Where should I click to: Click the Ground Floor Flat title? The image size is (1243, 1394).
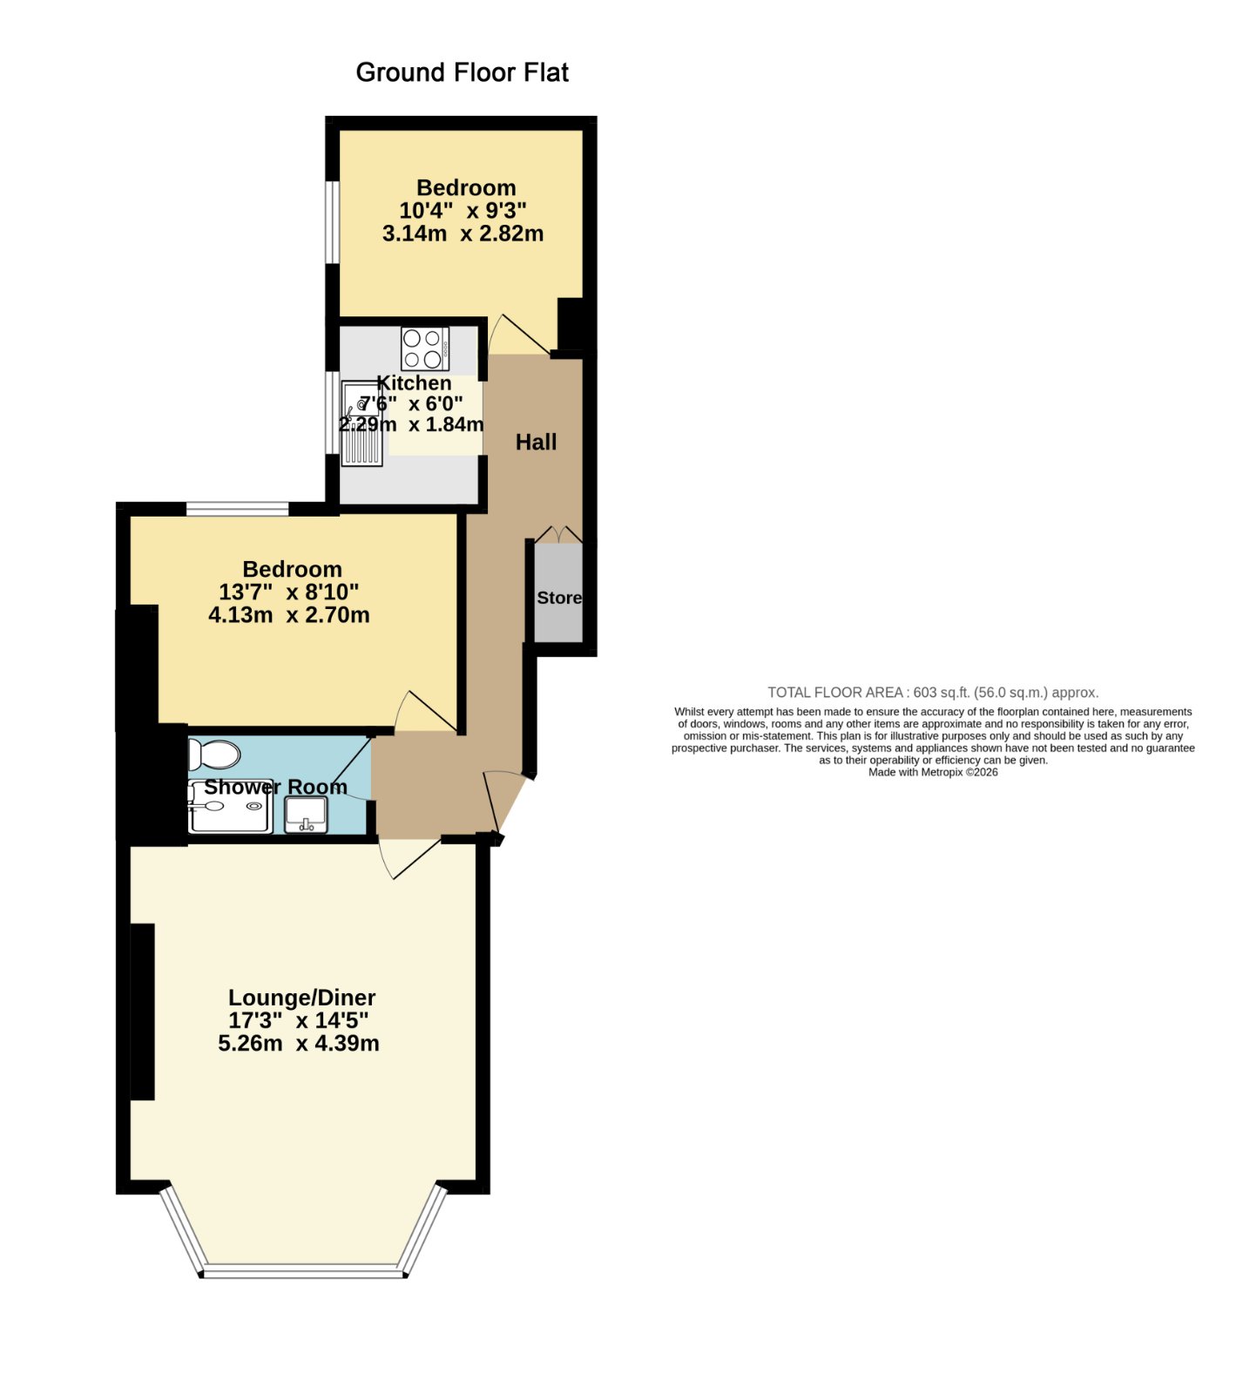[x=462, y=72]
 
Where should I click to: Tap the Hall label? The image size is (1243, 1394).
[x=536, y=443]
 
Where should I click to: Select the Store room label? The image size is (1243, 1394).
[x=559, y=598]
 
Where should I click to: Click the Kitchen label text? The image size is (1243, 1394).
[x=414, y=383]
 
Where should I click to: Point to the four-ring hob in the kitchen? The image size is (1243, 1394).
[x=425, y=348]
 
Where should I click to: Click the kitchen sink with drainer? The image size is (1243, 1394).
[x=361, y=423]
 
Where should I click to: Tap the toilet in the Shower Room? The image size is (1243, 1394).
[x=213, y=755]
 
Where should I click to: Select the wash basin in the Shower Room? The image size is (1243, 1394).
[x=306, y=814]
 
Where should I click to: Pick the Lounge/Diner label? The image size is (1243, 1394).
[x=301, y=998]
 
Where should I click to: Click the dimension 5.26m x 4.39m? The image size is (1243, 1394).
[x=299, y=1044]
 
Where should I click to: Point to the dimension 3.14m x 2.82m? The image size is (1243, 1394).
[x=463, y=233]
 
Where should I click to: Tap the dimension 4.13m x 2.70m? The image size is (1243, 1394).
[x=289, y=615]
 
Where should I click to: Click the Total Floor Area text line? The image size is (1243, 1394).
[x=933, y=693]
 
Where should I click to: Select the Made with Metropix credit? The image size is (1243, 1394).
[x=933, y=772]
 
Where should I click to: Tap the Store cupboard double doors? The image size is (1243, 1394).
[x=558, y=533]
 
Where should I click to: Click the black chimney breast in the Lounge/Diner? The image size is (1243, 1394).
[x=142, y=1012]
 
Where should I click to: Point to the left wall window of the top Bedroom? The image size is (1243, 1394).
[x=332, y=221]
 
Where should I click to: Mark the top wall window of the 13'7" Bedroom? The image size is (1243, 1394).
[x=237, y=509]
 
